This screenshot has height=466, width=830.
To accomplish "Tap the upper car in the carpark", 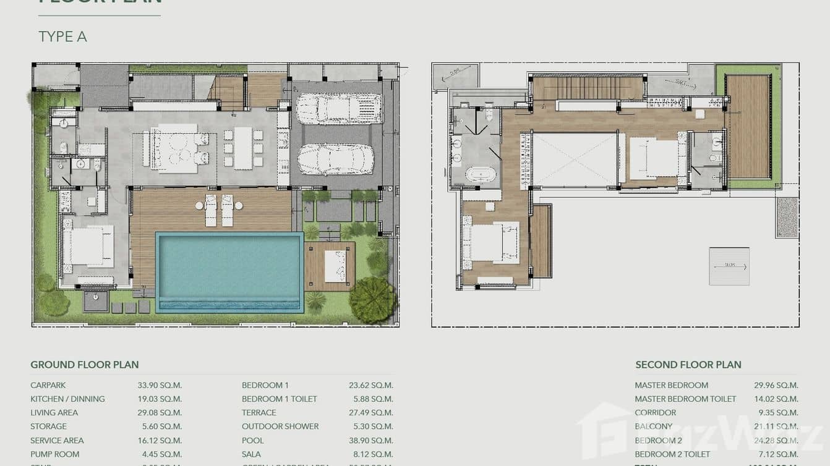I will (x=338, y=108).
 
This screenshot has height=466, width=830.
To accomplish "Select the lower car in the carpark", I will (x=336, y=159).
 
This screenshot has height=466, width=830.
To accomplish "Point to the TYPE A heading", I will (x=62, y=37).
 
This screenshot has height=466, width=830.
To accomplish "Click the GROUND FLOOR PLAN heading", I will (x=85, y=365).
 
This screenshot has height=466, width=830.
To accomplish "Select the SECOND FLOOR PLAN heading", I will (x=688, y=365).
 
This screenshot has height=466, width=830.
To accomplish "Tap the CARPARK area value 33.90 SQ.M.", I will (x=160, y=385).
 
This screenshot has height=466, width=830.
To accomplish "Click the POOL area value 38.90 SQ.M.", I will (x=370, y=441).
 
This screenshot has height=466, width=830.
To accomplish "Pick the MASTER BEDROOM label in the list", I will (x=671, y=385).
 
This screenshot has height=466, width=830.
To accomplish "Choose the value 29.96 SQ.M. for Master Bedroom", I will (x=776, y=385).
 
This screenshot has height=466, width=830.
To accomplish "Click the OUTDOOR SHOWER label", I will (x=280, y=426).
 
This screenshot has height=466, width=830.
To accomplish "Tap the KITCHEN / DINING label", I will (x=67, y=399).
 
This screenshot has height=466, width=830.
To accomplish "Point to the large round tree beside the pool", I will (x=372, y=300).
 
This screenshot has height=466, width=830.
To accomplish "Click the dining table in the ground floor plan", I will (x=243, y=148).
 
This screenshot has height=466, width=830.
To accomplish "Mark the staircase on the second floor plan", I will (x=588, y=88).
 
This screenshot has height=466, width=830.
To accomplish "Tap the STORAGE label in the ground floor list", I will (x=48, y=426).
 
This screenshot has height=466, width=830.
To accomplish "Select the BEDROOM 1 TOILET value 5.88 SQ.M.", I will (x=370, y=399).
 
